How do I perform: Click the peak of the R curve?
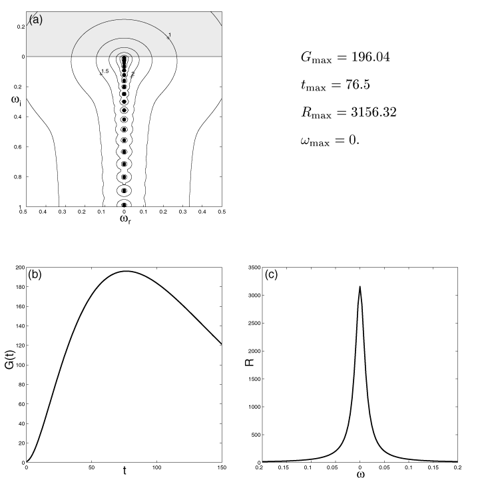pyautogui.click(x=360, y=287)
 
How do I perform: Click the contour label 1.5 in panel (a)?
pyautogui.click(x=104, y=71)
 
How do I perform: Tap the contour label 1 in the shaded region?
pyautogui.click(x=170, y=35)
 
